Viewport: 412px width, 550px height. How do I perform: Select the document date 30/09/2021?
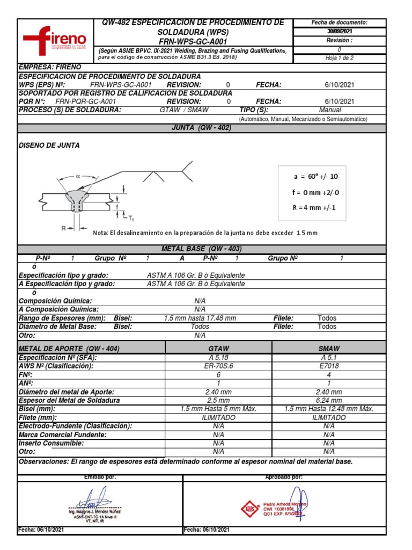click(x=339, y=31)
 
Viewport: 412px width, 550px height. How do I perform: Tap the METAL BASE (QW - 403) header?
click(x=202, y=249)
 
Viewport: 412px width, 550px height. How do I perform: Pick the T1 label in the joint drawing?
click(x=131, y=218)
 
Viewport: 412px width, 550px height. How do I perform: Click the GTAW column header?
click(x=218, y=349)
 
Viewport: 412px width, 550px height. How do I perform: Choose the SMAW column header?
click(x=329, y=349)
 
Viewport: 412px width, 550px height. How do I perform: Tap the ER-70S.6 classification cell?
click(x=218, y=366)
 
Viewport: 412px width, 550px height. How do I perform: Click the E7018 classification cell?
click(x=329, y=366)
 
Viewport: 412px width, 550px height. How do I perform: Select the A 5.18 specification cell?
click(x=218, y=357)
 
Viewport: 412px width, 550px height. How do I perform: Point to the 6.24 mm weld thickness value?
click(x=329, y=400)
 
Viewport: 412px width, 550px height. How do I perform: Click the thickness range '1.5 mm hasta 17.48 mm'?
click(x=200, y=318)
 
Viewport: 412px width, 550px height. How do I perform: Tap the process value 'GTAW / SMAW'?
click(x=184, y=110)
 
